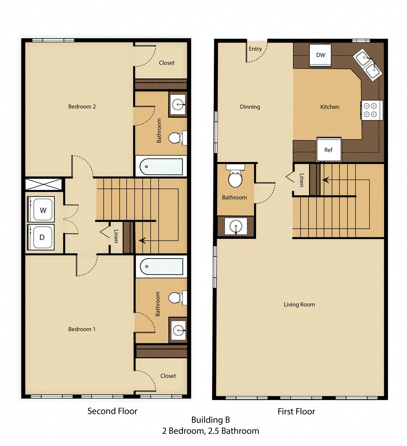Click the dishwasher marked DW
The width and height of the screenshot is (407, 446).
320,55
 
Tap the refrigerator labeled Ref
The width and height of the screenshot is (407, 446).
329,150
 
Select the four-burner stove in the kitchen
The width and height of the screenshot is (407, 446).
371,110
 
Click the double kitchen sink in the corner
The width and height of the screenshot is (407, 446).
368,64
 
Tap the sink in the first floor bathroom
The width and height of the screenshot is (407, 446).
236,226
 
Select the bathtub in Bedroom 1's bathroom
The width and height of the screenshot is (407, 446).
161,266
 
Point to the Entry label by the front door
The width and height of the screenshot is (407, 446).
255,49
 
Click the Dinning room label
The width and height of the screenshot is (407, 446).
250,107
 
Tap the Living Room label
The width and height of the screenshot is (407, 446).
299,305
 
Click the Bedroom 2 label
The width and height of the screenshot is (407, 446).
82,106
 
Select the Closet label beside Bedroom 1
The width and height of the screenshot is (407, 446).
168,376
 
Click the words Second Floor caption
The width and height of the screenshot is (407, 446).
112,411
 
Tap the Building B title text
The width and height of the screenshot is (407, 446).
211,420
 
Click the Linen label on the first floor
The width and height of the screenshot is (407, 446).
301,180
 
